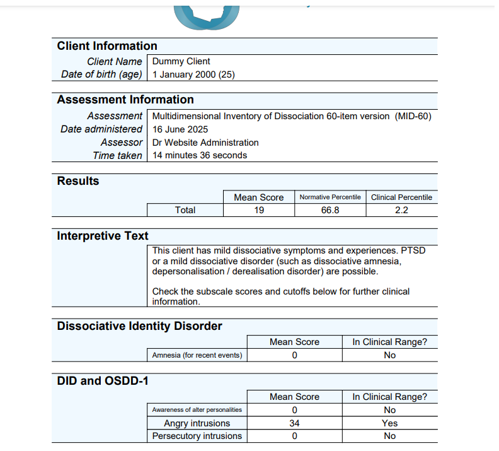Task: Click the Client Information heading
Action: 107,46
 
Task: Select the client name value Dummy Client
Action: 181,62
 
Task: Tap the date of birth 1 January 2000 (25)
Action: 193,74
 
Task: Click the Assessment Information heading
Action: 125,100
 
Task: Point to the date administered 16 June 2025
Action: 180,129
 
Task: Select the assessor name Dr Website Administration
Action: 205,143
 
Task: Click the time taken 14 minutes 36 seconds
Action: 200,155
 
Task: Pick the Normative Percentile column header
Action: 330,197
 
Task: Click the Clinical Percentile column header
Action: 401,197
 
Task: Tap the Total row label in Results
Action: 185,210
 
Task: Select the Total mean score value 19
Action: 259,210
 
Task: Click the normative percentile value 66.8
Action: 330,210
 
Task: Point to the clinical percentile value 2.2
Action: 401,210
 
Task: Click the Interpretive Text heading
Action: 103,236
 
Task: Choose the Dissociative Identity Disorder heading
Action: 139,326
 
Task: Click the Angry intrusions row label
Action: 197,423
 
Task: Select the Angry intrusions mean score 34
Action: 294,423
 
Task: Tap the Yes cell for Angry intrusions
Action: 389,423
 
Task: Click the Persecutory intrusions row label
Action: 197,436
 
